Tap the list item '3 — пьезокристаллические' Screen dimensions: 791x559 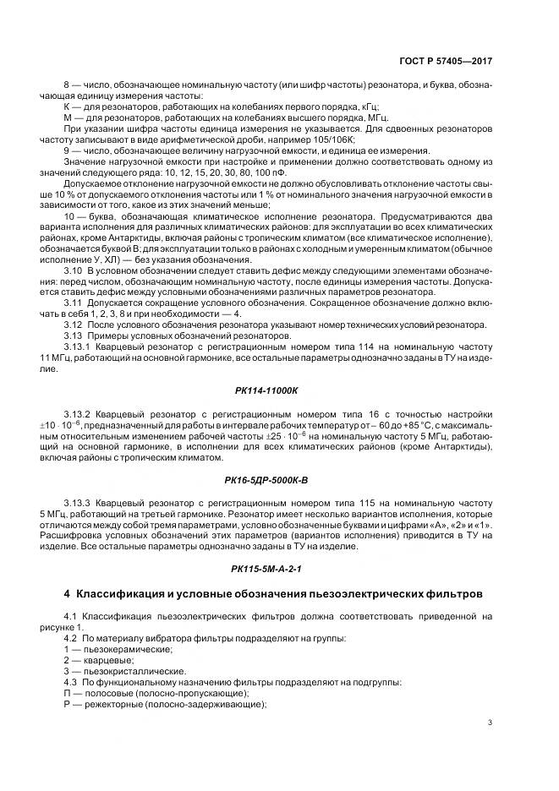coord(123,671)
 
